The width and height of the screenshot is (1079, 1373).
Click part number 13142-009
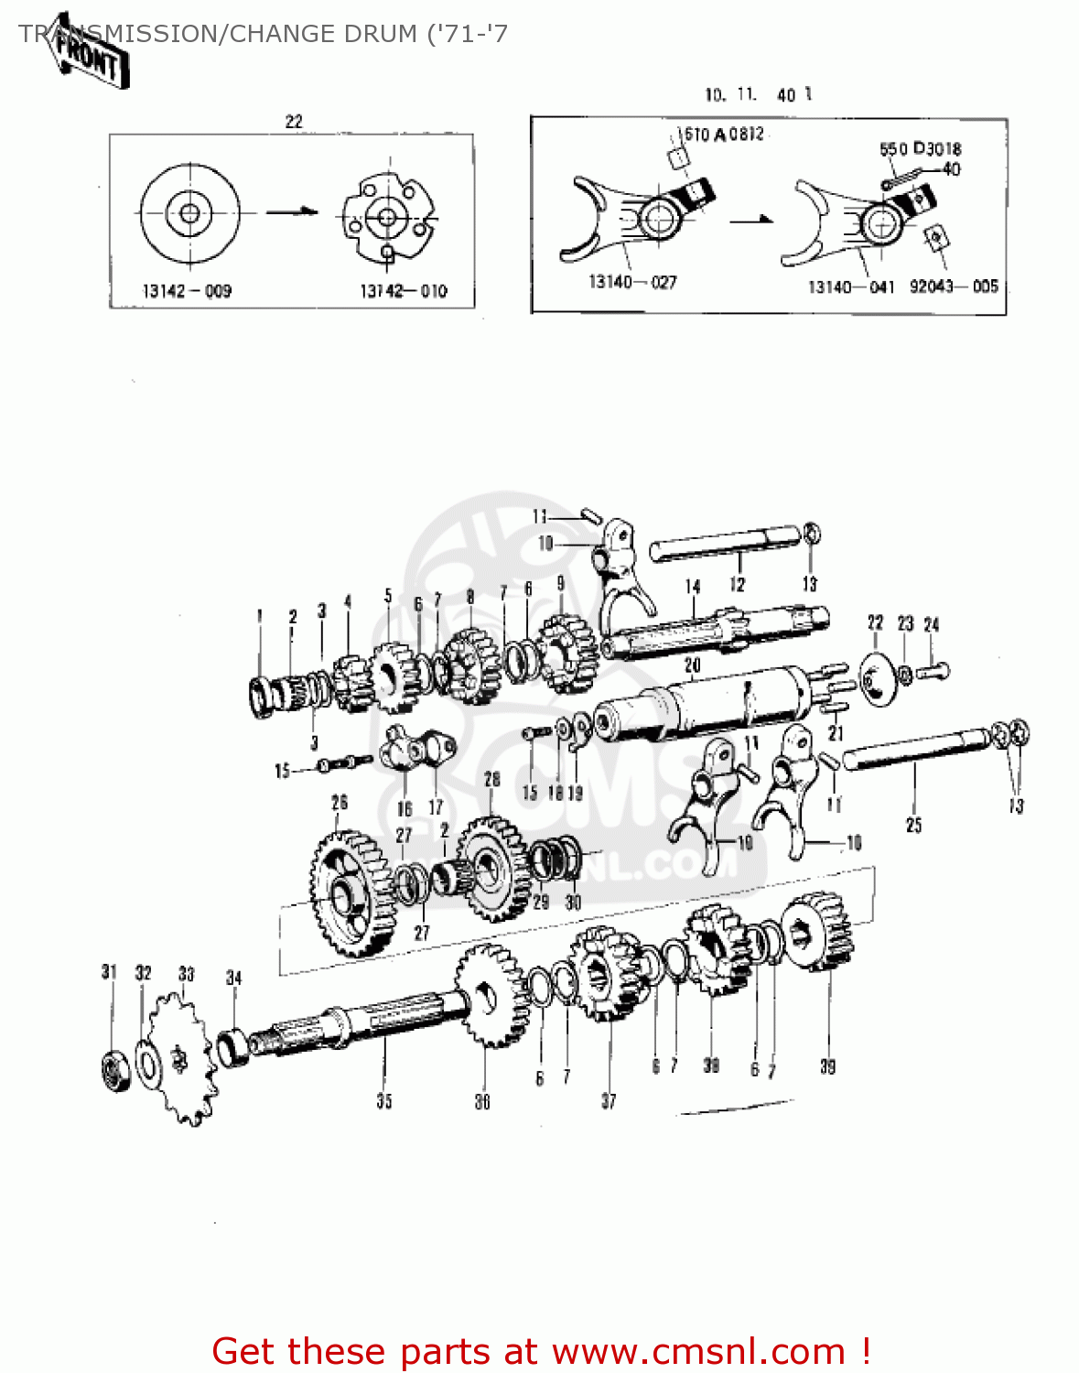187,291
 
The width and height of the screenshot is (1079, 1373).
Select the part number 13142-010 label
403,291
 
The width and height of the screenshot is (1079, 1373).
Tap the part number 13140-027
632,282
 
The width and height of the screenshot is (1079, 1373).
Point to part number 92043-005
954,286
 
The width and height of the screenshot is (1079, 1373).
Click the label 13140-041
850,286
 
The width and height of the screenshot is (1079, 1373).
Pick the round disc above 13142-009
189,213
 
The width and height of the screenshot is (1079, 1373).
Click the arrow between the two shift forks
751,220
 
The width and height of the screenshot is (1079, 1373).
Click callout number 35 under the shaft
384,1100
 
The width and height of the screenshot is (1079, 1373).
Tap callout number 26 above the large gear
340,803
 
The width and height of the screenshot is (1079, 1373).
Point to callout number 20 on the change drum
693,665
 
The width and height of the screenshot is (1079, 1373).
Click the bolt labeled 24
933,672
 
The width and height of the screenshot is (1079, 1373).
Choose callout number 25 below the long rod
913,825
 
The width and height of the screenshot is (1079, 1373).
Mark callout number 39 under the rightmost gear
827,1066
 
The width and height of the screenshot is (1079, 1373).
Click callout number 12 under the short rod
738,584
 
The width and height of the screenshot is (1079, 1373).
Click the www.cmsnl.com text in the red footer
699,1351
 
